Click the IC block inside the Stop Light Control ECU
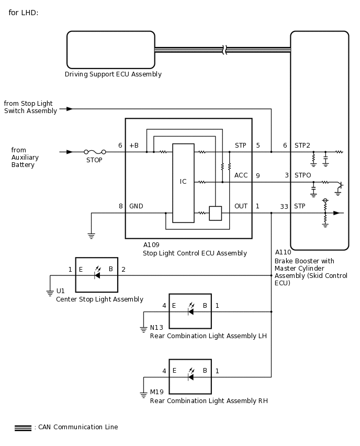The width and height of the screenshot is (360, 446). click(184, 183)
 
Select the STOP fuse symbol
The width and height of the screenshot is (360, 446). click(95, 152)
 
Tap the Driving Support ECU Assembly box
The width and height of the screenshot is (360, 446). click(111, 50)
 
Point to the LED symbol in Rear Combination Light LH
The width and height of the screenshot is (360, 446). click(191, 309)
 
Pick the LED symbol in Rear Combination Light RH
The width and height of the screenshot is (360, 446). click(191, 375)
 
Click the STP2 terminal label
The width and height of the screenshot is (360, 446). click(302, 146)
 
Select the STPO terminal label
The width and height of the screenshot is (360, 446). click(303, 175)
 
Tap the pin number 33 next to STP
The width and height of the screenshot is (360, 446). click(284, 206)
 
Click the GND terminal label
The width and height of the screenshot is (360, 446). click(136, 206)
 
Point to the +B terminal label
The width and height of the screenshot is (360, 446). click(134, 146)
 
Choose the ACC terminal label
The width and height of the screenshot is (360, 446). click(241, 175)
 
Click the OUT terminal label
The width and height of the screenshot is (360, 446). click(241, 206)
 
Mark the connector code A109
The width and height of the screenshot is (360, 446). click(151, 245)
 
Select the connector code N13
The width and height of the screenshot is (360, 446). click(156, 328)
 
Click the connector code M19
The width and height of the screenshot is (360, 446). click(156, 392)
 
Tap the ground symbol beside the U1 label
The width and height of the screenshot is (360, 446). click(50, 293)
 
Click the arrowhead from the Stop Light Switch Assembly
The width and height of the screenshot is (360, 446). click(70, 109)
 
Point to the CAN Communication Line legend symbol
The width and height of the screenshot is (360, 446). click(23, 428)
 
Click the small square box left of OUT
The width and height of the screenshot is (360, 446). click(215, 214)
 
